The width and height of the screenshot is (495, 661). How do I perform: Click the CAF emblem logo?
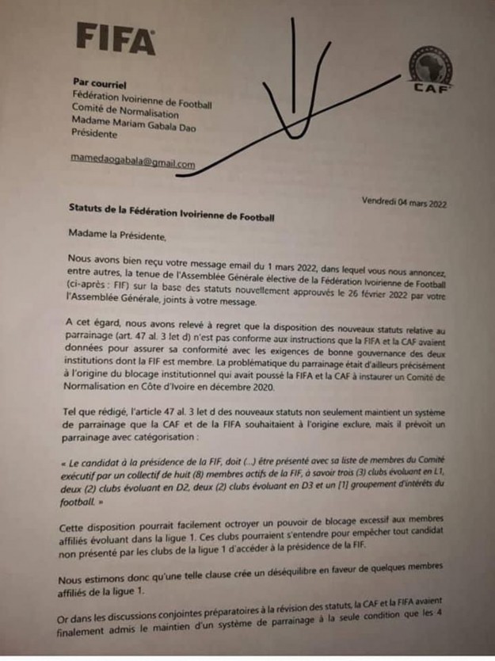coord(432,70)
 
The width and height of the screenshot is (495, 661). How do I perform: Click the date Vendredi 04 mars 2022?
coord(405,203)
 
